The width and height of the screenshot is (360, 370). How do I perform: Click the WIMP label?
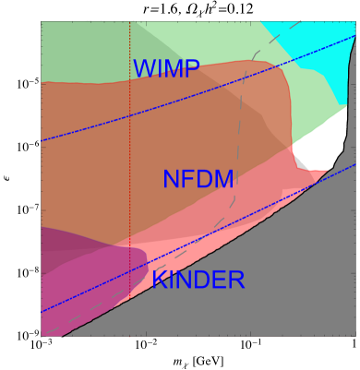166,69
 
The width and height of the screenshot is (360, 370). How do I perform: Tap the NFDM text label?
198,180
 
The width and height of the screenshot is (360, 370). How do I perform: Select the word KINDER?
198,280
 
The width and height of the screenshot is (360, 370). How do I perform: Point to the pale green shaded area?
83,51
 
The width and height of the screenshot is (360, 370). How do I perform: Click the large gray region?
277,295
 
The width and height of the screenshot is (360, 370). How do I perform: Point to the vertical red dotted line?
129,138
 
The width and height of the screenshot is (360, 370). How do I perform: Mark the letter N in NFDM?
171,180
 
